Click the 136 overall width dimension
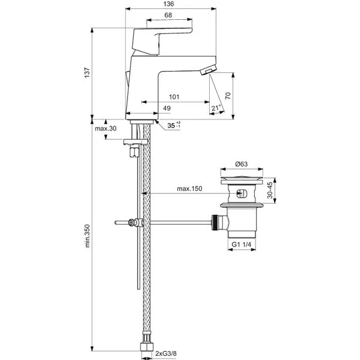168,4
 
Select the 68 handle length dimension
168,15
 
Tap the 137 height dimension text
87,73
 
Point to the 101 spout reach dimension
174,97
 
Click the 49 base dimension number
167,108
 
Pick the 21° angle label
216,108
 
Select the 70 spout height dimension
228,96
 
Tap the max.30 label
106,129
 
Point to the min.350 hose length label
88,236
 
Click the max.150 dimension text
189,189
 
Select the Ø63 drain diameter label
241,164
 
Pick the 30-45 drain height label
270,191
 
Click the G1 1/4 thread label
241,245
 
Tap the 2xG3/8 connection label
166,353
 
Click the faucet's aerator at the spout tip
208,69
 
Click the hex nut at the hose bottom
146,347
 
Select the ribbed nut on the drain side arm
215,222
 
